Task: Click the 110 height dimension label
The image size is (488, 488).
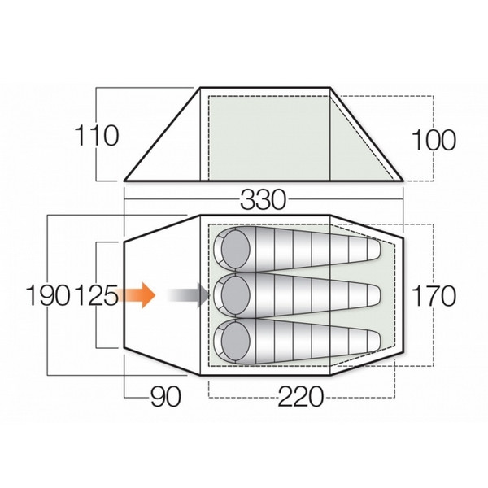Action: pos(97,135)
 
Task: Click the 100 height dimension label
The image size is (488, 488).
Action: pos(433,140)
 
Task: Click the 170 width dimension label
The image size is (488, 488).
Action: pos(433,295)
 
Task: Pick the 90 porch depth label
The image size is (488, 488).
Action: pos(164,397)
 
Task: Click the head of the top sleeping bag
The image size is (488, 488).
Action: pos(235,247)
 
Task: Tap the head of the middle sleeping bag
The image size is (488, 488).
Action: pos(235,294)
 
